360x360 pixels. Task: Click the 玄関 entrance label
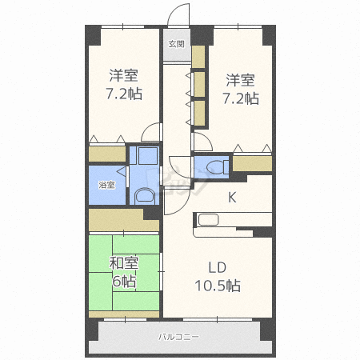point(176,44)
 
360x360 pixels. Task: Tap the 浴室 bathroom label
point(106,185)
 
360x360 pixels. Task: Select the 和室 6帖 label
point(124,272)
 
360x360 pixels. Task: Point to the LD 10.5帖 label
point(218,277)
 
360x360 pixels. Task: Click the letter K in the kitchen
point(232,198)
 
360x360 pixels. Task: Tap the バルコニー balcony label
point(178,337)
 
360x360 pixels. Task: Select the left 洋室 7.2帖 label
point(124,85)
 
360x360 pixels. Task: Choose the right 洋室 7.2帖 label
point(241,90)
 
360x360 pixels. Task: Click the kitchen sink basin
point(208,220)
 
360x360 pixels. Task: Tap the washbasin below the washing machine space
point(145,196)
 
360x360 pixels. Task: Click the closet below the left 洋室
point(107,154)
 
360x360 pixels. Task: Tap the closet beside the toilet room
point(252,163)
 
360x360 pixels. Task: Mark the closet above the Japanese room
point(124,220)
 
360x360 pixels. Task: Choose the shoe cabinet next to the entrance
point(198,57)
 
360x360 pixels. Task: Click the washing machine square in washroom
point(148,156)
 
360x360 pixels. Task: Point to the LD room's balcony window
point(218,319)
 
